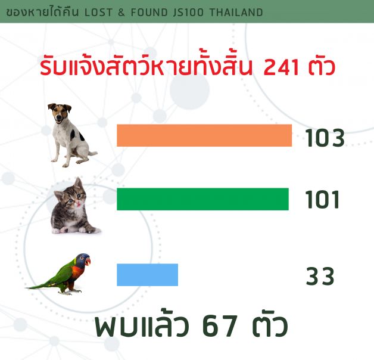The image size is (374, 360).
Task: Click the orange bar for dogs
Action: tap(204, 135)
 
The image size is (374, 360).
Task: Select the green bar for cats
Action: tap(202, 199)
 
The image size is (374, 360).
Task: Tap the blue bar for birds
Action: tap(148, 275)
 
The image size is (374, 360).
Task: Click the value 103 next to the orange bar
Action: tap(325, 138)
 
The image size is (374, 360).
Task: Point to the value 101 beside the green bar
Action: tap(322, 200)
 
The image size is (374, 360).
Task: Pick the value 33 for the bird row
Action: tap(320, 276)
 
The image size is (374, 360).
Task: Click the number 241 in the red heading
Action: tap(281, 67)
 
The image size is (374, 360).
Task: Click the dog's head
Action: tap(59, 113)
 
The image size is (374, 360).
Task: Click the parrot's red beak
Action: tap(88, 262)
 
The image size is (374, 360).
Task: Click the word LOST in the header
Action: tap(98, 13)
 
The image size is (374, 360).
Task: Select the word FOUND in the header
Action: tap(149, 13)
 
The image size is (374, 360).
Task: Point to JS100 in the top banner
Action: tap(188, 13)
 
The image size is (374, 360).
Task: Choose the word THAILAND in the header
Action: tap(236, 13)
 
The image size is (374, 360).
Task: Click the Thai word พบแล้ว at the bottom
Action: tap(142, 324)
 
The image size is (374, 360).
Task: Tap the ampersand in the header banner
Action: tap(121, 13)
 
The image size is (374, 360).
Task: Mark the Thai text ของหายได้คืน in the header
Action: tap(42, 12)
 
